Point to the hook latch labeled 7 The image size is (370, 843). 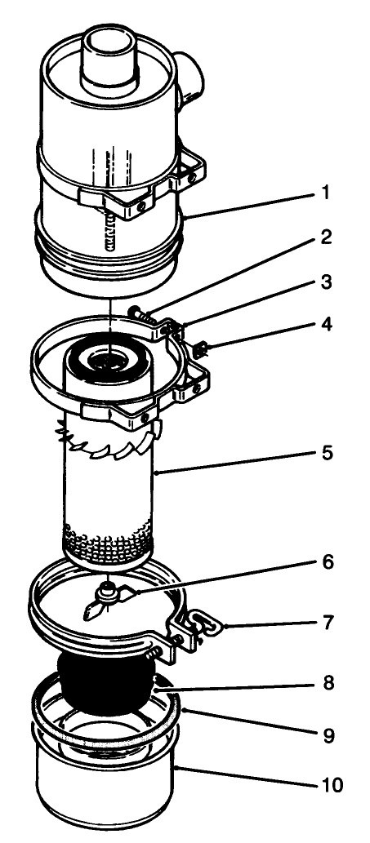200,628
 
